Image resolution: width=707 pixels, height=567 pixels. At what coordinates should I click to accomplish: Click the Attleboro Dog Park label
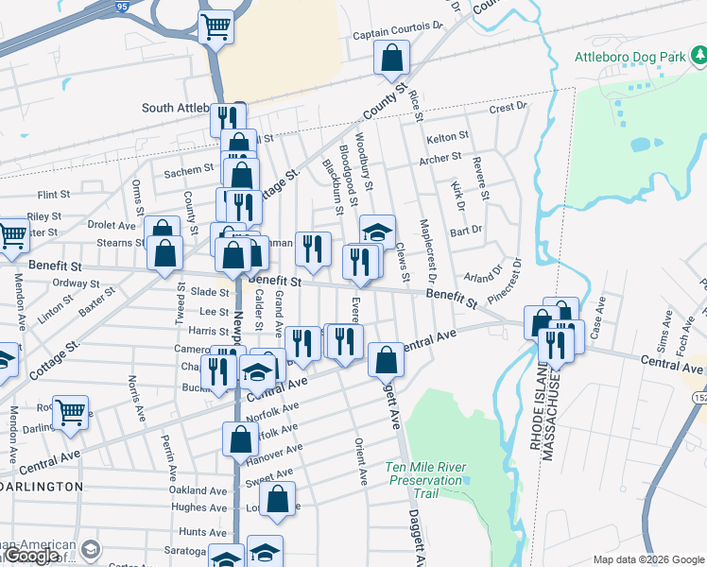[629, 57]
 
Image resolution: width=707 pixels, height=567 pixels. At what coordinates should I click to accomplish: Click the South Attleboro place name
[177, 108]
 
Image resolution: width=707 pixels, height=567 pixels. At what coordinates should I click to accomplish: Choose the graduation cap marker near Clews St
[377, 232]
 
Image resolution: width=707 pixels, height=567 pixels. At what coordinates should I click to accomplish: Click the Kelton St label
[447, 138]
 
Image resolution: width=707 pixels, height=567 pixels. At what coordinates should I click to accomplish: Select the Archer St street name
[440, 158]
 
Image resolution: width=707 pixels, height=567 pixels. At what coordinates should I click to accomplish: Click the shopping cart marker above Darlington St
[70, 412]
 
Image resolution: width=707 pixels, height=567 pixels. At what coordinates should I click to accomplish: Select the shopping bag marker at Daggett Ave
[386, 359]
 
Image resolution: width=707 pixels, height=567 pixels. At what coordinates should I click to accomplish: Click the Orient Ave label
[360, 462]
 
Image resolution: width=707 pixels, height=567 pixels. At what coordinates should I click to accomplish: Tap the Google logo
[30, 556]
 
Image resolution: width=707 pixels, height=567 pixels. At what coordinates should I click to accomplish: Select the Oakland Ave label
[198, 490]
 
